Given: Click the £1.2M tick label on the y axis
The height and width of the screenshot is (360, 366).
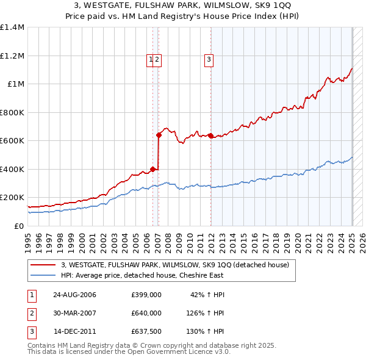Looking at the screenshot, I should [12, 56].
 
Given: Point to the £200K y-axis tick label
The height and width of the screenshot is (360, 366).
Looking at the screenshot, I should [12, 198].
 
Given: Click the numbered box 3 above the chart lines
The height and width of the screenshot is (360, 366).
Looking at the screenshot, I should [209, 59].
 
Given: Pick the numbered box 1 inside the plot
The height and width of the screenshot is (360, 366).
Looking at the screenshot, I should [150, 59].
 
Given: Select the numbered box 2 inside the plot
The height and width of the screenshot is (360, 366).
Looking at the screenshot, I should [157, 59].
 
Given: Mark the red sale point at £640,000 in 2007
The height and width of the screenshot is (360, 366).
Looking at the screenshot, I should [159, 135].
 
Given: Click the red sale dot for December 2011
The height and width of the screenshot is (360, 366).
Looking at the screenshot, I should [210, 135].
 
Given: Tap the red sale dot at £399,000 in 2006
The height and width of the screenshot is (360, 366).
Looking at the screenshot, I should [152, 169].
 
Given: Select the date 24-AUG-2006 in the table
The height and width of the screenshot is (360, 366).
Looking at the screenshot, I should [74, 295].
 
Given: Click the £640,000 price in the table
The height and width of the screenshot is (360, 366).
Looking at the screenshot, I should [146, 313].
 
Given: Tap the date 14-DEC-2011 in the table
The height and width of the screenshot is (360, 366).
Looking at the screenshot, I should [74, 332].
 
